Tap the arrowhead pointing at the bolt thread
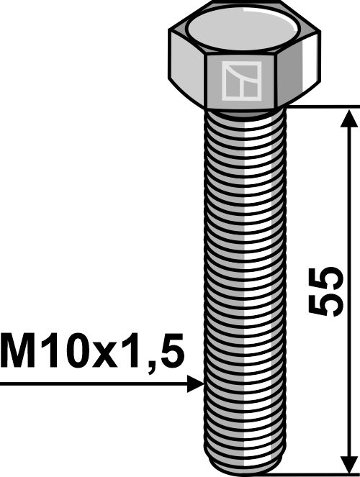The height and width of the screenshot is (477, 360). [x=195, y=384]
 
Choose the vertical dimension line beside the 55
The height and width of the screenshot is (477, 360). [x=348, y=216]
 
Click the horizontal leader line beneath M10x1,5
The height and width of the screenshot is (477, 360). [x=94, y=384]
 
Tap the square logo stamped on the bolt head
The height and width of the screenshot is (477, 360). [x=240, y=81]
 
